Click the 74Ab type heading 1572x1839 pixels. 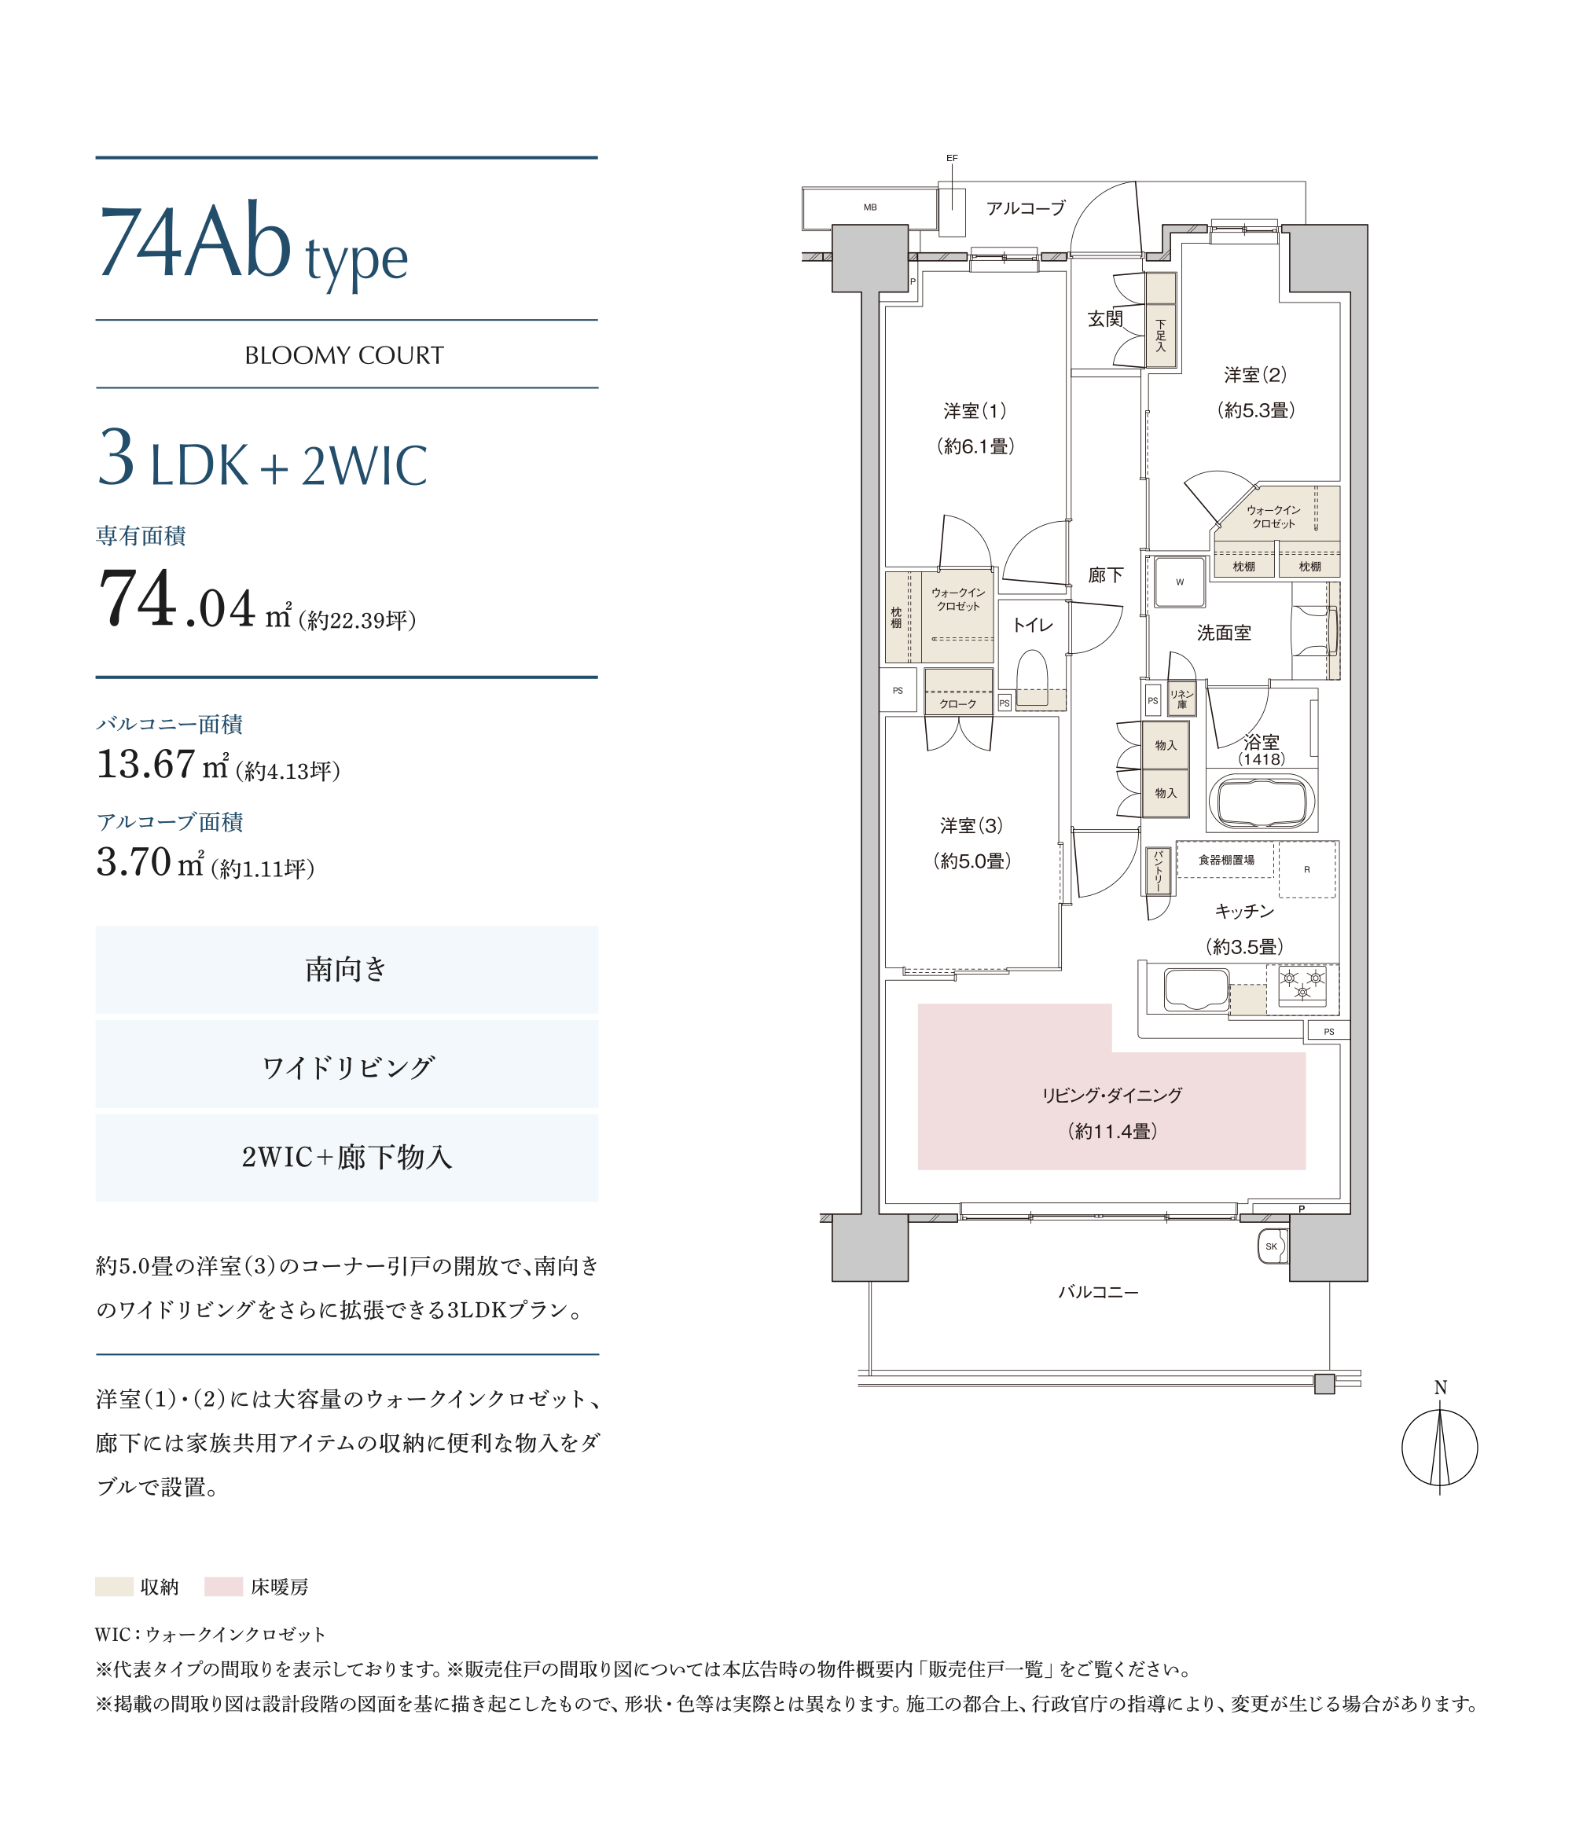(253, 241)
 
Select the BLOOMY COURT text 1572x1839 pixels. (344, 355)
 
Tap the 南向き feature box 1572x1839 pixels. (346, 969)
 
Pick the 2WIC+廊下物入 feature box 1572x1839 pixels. (346, 1158)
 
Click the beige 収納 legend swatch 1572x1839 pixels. (114, 1586)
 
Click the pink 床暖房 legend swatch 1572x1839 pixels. (224, 1586)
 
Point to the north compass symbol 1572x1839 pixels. (1440, 1447)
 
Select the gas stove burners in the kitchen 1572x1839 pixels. (1302, 986)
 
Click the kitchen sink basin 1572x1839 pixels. (1196, 989)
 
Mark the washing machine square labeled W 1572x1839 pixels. (1180, 582)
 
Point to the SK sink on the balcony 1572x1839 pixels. (1272, 1246)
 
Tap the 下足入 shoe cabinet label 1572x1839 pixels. (1160, 336)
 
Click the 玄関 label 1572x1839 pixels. (1105, 318)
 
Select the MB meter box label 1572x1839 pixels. (870, 207)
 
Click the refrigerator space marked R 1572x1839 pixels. (1306, 870)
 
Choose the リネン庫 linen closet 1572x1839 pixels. (1181, 699)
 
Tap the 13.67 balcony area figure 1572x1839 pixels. (145, 764)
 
